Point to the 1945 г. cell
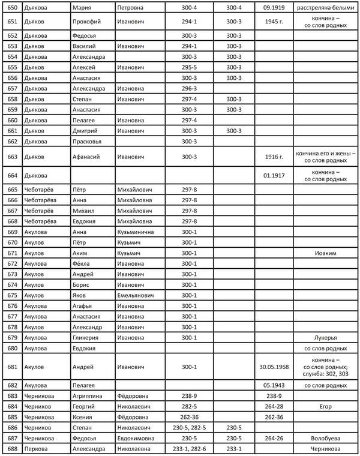coord(273,22)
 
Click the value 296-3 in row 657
coord(188,88)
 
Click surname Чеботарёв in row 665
coord(40,190)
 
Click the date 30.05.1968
coord(273,366)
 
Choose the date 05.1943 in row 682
coord(273,385)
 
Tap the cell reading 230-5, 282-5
coord(188,428)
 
